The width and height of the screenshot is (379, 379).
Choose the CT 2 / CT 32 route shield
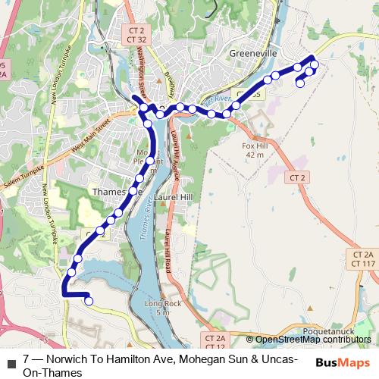pyautogui.click(x=136, y=34)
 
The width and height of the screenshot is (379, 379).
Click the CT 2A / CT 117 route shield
pyautogui.click(x=364, y=258)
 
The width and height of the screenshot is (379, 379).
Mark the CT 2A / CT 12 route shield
pyautogui.click(x=215, y=341)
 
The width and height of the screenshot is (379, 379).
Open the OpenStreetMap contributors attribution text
pyautogui.click(x=312, y=340)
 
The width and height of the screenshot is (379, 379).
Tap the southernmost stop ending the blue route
pyautogui.click(x=89, y=301)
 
